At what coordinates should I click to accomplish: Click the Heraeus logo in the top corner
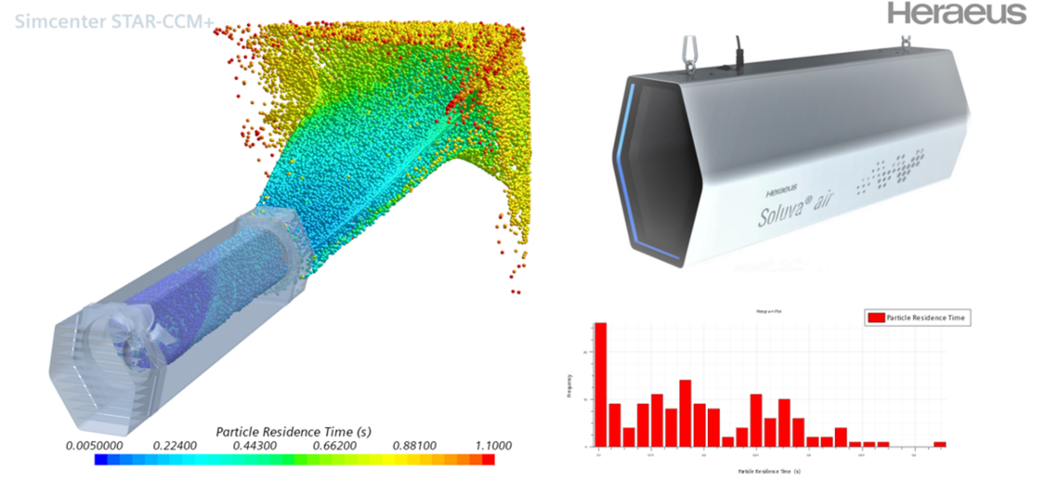click(x=957, y=13)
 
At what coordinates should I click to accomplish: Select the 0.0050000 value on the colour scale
click(x=96, y=445)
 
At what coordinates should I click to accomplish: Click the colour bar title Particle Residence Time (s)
click(x=294, y=431)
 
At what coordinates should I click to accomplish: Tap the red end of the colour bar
click(x=489, y=459)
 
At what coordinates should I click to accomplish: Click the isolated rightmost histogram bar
click(x=939, y=444)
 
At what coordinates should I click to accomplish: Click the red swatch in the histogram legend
click(x=874, y=318)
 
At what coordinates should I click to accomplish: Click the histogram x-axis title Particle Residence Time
click(x=770, y=472)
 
